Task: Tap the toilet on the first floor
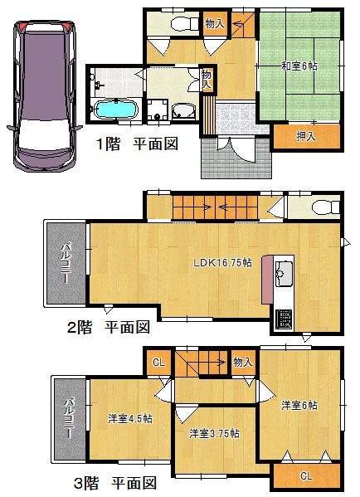[x=184, y=24]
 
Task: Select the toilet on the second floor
[x=325, y=207]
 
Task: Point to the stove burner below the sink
[x=284, y=319]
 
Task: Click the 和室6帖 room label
[x=299, y=66]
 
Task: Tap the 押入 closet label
[x=306, y=136]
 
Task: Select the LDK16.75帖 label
[x=223, y=262]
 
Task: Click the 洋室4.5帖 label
[x=130, y=418]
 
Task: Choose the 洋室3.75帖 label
[x=214, y=433]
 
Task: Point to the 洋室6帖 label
[x=299, y=405]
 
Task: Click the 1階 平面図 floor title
[x=137, y=144]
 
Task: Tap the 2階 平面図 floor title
[x=109, y=327]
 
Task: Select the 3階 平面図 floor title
[x=115, y=483]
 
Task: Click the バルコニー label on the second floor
[x=66, y=263]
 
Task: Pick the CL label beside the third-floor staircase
[x=158, y=362]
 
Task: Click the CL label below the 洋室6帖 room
[x=306, y=475]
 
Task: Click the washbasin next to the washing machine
[x=184, y=111]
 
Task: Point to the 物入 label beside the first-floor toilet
[x=215, y=23]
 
